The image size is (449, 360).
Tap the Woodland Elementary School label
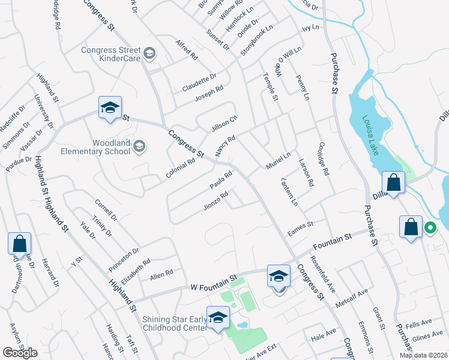95,147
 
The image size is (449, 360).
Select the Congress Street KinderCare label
111,55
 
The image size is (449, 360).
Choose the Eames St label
301,225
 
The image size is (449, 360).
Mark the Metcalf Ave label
352,298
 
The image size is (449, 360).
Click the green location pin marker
430,228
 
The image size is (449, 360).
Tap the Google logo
20,353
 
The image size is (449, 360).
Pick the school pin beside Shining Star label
218,317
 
